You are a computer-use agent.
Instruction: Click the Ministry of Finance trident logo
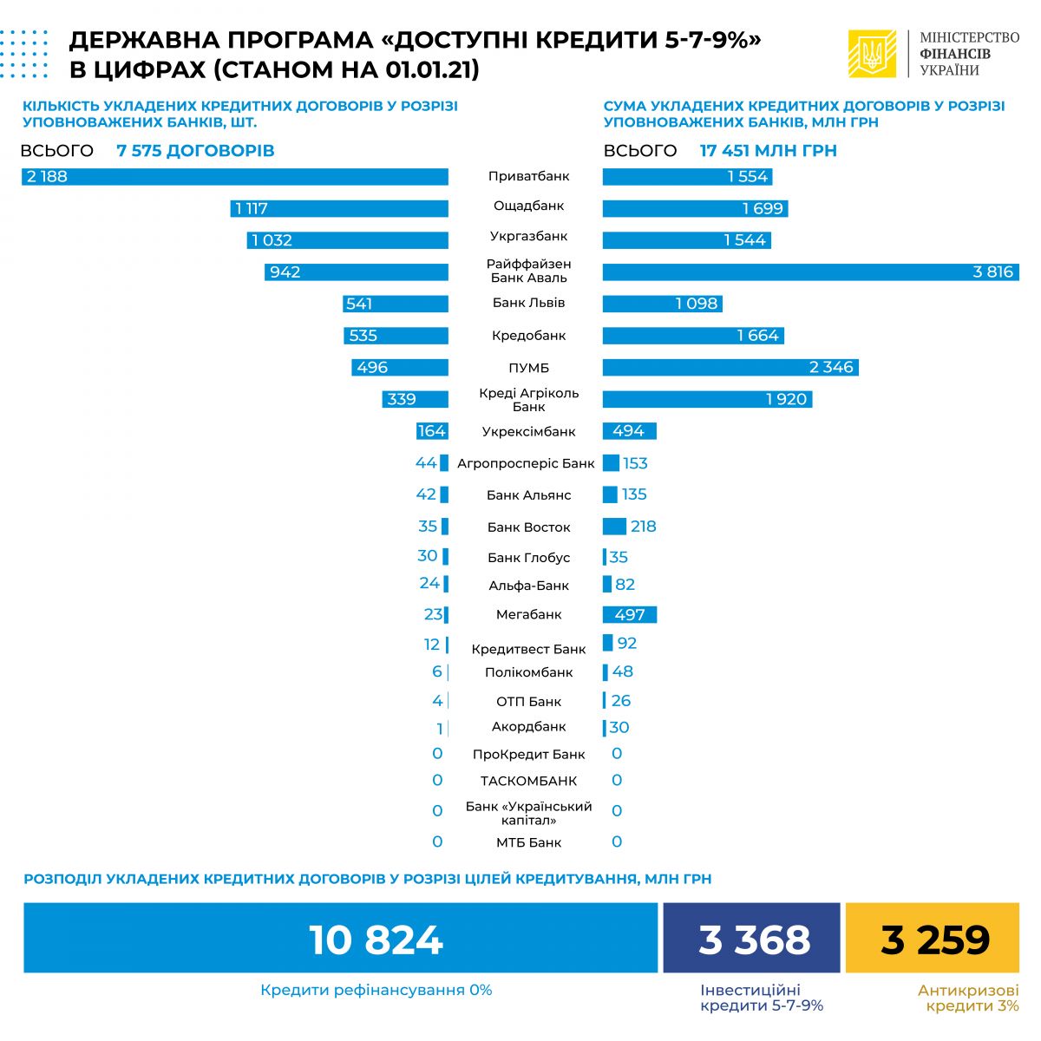point(872,54)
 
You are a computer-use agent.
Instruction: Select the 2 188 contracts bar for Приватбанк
point(235,177)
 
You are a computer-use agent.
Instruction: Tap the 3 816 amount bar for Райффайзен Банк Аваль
point(810,272)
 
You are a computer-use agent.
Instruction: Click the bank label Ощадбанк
point(528,206)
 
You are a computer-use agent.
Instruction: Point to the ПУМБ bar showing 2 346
point(730,368)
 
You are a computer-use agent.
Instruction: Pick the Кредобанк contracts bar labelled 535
point(396,336)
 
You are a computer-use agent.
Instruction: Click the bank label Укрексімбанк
point(528,432)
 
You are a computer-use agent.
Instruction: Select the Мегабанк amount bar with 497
point(630,615)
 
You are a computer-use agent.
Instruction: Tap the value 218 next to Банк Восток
point(643,527)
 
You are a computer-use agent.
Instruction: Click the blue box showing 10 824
point(340,938)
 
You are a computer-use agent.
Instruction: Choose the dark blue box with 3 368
point(751,938)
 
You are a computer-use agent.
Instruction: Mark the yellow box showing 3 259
point(933,938)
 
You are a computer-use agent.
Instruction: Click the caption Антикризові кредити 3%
point(968,998)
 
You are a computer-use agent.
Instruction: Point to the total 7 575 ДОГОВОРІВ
point(195,151)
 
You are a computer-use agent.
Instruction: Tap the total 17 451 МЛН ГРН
point(768,151)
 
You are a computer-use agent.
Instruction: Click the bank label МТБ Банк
point(528,842)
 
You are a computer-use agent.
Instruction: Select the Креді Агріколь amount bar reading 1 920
point(707,400)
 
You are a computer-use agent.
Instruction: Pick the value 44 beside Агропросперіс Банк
point(425,463)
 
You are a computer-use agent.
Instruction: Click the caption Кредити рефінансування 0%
point(376,990)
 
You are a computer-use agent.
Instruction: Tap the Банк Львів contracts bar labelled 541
point(396,304)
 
